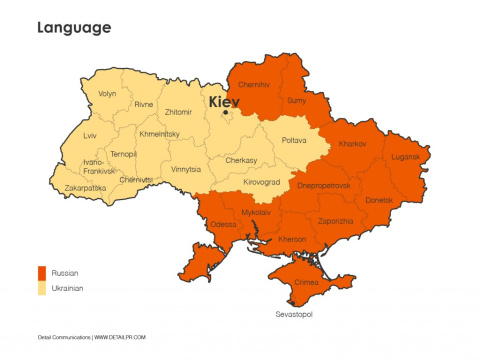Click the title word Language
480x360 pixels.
coord(75,28)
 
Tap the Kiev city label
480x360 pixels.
coord(225,102)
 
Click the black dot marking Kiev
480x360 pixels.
coord(227,112)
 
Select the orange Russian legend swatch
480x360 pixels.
coord(42,272)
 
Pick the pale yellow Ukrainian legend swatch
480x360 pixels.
coord(42,288)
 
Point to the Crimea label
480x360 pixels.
coord(307,283)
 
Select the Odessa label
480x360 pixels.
coord(223,224)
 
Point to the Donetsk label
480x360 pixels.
coord(379,200)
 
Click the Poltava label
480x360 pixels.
coord(294,140)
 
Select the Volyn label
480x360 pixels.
coord(107,94)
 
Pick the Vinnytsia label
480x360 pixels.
coord(186,169)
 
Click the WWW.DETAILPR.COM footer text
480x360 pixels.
coord(121,337)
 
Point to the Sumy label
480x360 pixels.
coord(297,101)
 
